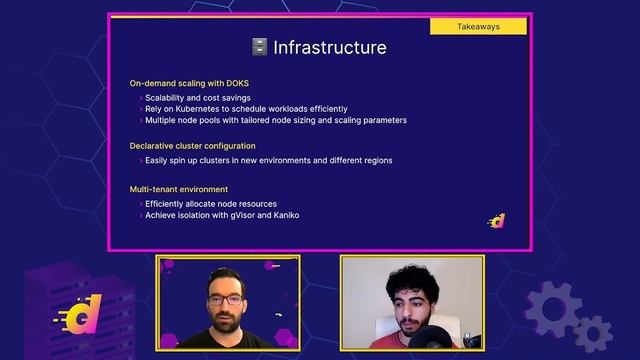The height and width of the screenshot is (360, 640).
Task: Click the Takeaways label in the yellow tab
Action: coord(478,26)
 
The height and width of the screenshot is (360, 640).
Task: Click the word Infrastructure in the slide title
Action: coord(330,47)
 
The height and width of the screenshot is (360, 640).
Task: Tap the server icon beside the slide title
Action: coord(259,47)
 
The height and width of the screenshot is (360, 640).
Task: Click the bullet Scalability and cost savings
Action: coord(198,98)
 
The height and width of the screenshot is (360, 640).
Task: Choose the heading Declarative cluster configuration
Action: coord(192,146)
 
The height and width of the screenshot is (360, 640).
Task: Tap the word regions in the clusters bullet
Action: coord(375,160)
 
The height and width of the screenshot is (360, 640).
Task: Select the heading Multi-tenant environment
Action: coord(178,189)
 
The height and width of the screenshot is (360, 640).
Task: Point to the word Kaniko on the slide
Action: coord(284,214)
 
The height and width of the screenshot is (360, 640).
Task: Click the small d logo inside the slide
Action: coord(496,221)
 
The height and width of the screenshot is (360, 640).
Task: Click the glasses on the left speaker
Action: coord(226,299)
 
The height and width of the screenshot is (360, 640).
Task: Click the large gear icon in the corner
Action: coord(554,309)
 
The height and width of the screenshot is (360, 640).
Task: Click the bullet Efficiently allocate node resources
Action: coord(211,204)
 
